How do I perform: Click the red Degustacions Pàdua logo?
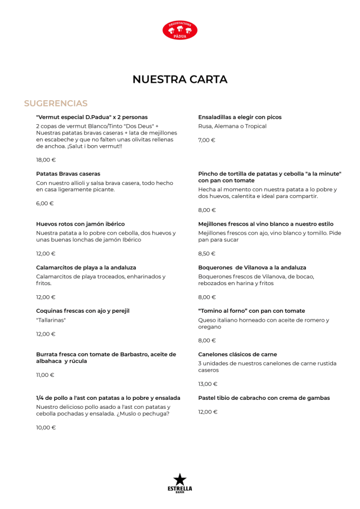pyautogui.click(x=180, y=30)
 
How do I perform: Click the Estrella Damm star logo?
pyautogui.click(x=179, y=483)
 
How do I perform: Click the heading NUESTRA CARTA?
pyautogui.click(x=180, y=79)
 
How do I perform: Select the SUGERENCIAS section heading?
pyautogui.click(x=56, y=103)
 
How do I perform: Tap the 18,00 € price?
pyautogui.click(x=46, y=160)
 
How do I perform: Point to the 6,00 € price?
pyautogui.click(x=44, y=203)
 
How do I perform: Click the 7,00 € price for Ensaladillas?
pyautogui.click(x=206, y=140)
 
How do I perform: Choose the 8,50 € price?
pyautogui.click(x=206, y=254)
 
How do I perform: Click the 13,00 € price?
pyautogui.click(x=208, y=384)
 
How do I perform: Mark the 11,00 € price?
pyautogui.click(x=46, y=375)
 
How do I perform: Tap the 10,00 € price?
pyautogui.click(x=46, y=427)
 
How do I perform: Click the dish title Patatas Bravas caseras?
pyautogui.click(x=68, y=174)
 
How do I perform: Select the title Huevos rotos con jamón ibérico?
pyautogui.click(x=80, y=224)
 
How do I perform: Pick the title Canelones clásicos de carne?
pyautogui.click(x=237, y=354)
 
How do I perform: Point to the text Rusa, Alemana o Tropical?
pyautogui.click(x=232, y=126)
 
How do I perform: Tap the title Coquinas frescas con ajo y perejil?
pyautogui.click(x=83, y=310)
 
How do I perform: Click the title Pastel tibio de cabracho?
pyautogui.click(x=264, y=398)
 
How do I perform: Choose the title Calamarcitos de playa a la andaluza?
pyautogui.click(x=86, y=268)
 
